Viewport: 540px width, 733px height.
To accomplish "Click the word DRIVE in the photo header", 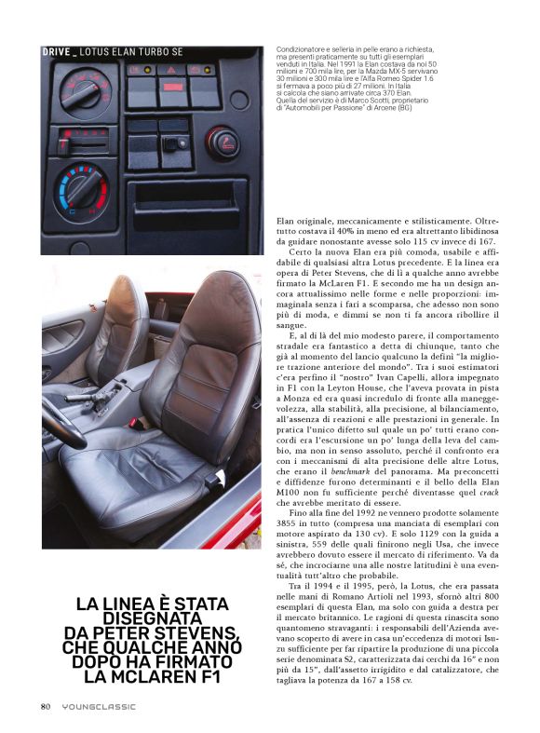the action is pyautogui.click(x=57, y=52).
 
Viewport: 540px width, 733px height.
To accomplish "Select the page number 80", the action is pyautogui.click(x=45, y=707).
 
